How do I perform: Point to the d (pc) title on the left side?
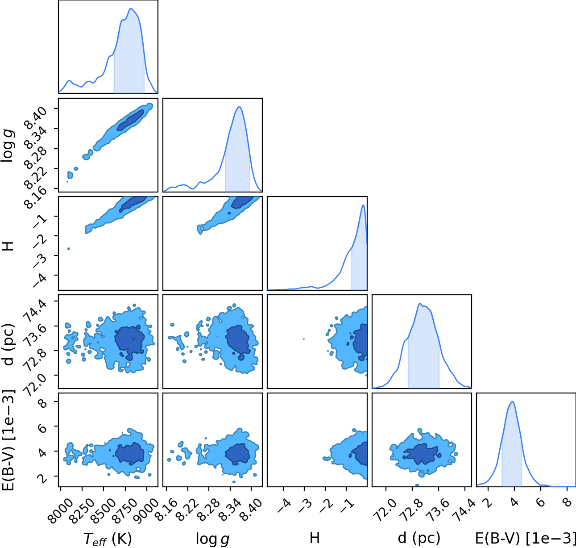8,344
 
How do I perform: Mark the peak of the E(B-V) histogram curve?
513,402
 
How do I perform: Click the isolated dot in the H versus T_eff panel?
69,249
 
